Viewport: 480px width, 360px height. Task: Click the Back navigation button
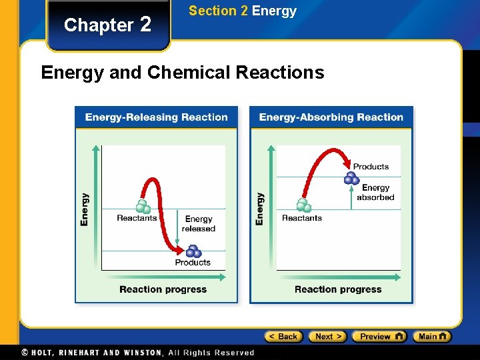(x=283, y=337)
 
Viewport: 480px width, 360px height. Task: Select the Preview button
(x=379, y=337)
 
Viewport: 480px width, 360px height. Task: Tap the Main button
(x=431, y=337)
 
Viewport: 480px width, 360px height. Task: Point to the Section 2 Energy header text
(x=242, y=11)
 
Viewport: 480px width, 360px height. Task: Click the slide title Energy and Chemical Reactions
(x=182, y=72)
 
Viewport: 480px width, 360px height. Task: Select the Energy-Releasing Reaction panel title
(x=156, y=117)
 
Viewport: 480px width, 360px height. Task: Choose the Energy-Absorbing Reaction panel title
(x=331, y=117)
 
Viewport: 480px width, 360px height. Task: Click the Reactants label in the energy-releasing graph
(x=137, y=218)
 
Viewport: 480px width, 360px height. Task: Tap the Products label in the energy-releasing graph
(x=193, y=263)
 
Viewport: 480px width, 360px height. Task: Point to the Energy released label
(x=199, y=224)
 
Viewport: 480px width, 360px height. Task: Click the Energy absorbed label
(x=375, y=193)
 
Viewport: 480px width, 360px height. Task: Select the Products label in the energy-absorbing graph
(x=371, y=167)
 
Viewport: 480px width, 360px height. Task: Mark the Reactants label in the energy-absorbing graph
(x=302, y=218)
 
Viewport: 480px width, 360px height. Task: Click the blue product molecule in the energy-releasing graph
(x=193, y=251)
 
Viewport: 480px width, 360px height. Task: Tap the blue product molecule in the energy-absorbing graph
(x=351, y=177)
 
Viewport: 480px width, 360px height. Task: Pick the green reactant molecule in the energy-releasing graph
(x=141, y=206)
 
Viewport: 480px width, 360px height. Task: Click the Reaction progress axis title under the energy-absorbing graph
(x=338, y=289)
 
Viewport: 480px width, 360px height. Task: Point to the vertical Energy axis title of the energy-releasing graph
(x=85, y=209)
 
